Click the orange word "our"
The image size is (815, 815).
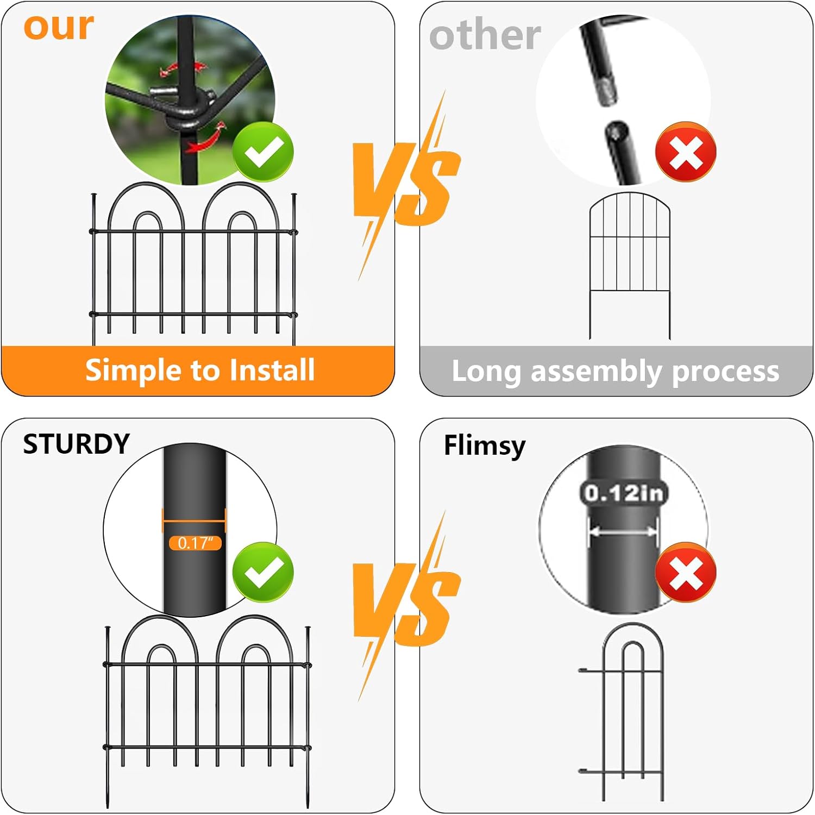59,27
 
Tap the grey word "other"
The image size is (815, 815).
485,35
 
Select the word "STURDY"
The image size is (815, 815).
77,444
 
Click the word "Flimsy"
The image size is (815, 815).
485,446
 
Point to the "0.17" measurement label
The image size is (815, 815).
195,543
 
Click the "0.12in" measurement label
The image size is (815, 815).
624,493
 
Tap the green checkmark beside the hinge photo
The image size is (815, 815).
263,152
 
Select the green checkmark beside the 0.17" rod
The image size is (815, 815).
263,572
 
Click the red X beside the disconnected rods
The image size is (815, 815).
686,152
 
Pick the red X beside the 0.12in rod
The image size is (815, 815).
686,572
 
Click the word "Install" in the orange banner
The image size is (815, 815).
272,370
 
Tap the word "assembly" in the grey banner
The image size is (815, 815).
597,372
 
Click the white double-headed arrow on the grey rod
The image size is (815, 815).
624,531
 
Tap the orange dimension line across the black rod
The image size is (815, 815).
194,522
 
